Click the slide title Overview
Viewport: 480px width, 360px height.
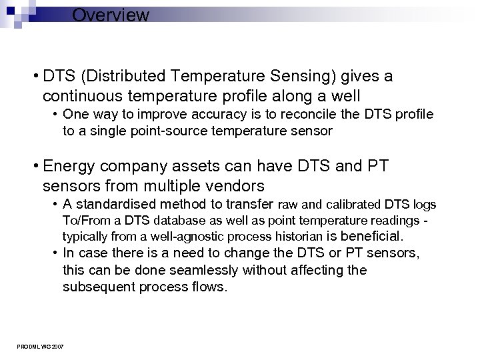coord(111,15)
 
